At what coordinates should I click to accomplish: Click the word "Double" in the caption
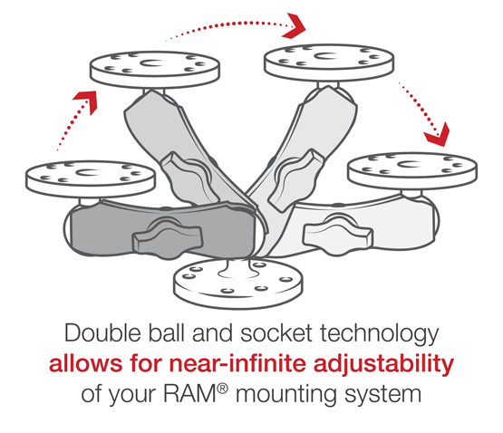click(102, 333)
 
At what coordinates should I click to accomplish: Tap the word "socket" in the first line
click(276, 333)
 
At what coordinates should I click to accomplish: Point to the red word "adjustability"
click(383, 365)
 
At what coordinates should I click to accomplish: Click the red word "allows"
click(86, 363)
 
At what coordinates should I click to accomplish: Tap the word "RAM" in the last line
click(190, 393)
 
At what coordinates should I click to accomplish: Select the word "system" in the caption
click(383, 396)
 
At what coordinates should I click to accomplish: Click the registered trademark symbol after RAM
click(223, 389)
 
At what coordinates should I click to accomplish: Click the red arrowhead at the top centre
click(294, 26)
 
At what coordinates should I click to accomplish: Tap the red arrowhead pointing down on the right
click(437, 134)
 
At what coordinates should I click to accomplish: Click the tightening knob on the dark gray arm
click(168, 239)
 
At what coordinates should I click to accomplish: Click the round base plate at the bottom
click(238, 284)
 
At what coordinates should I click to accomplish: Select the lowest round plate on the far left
click(91, 178)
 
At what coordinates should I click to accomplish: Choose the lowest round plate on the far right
click(412, 170)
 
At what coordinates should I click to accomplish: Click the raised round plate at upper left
click(155, 69)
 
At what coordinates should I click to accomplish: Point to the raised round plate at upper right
click(329, 63)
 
